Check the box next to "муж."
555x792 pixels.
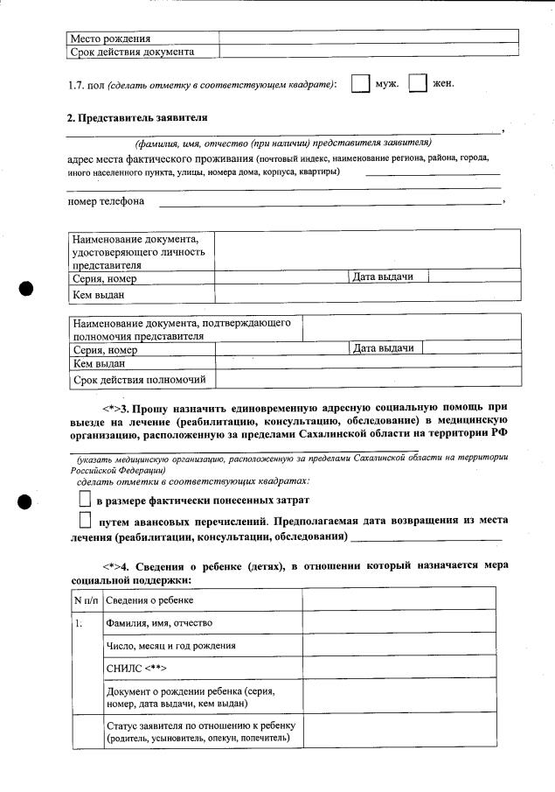pos(359,84)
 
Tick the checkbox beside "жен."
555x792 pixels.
pos(418,84)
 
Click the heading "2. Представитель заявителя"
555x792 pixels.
pos(138,118)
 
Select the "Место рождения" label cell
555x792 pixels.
pos(111,39)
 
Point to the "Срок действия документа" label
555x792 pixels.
pos(132,52)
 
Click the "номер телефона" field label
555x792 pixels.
pos(107,202)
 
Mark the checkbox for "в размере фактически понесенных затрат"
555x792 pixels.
pos(84,500)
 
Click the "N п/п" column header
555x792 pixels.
pos(86,599)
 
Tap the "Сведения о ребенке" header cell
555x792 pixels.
pos(150,599)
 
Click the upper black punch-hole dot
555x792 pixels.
pos(26,290)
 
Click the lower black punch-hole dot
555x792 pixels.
pos(26,501)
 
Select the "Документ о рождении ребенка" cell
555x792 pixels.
pos(190,697)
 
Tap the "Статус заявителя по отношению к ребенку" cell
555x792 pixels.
pos(202,732)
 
